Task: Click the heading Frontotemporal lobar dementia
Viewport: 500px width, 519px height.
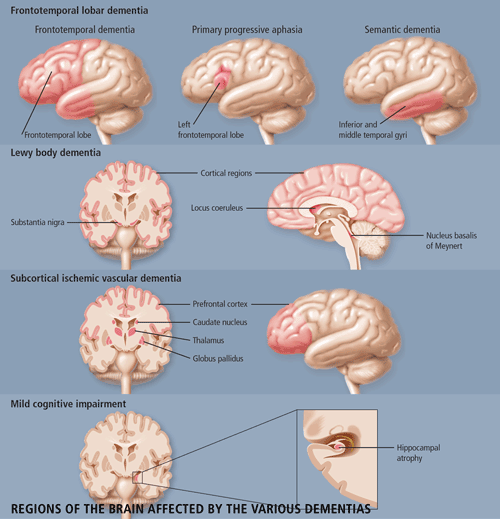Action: pyautogui.click(x=79, y=11)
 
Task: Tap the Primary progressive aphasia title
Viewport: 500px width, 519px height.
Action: pyautogui.click(x=247, y=30)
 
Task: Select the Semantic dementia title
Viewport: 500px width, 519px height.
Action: pyautogui.click(x=402, y=30)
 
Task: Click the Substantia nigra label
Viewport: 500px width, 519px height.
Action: pyautogui.click(x=37, y=222)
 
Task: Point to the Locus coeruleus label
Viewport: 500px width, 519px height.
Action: pyautogui.click(x=217, y=208)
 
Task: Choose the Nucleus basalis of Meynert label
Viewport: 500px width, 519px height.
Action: pyautogui.click(x=451, y=241)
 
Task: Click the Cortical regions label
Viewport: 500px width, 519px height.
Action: pyautogui.click(x=226, y=173)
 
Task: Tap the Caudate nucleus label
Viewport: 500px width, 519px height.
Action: pyautogui.click(x=220, y=322)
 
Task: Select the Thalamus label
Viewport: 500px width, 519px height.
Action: pyautogui.click(x=208, y=340)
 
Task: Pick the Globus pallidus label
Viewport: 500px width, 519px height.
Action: pyautogui.click(x=218, y=359)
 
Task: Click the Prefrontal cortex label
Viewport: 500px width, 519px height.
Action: pyautogui.click(x=220, y=304)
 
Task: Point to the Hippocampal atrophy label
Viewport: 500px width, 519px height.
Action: pyautogui.click(x=418, y=453)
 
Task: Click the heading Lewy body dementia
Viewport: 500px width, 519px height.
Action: pyautogui.click(x=55, y=153)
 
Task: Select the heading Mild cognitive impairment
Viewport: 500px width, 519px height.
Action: pyautogui.click(x=68, y=404)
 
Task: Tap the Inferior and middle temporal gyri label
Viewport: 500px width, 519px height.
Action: pyautogui.click(x=373, y=130)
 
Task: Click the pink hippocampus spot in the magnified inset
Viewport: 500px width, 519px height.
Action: pyautogui.click(x=339, y=447)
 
